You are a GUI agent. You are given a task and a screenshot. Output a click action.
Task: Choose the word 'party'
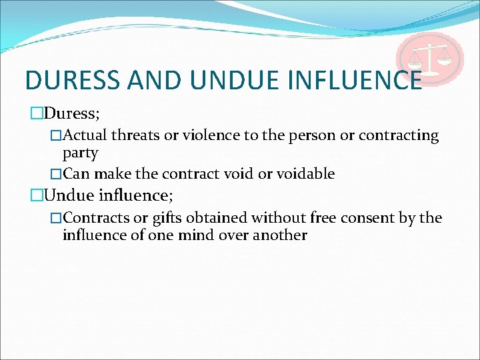80,153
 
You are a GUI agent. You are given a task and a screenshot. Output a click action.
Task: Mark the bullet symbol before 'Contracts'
56,219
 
